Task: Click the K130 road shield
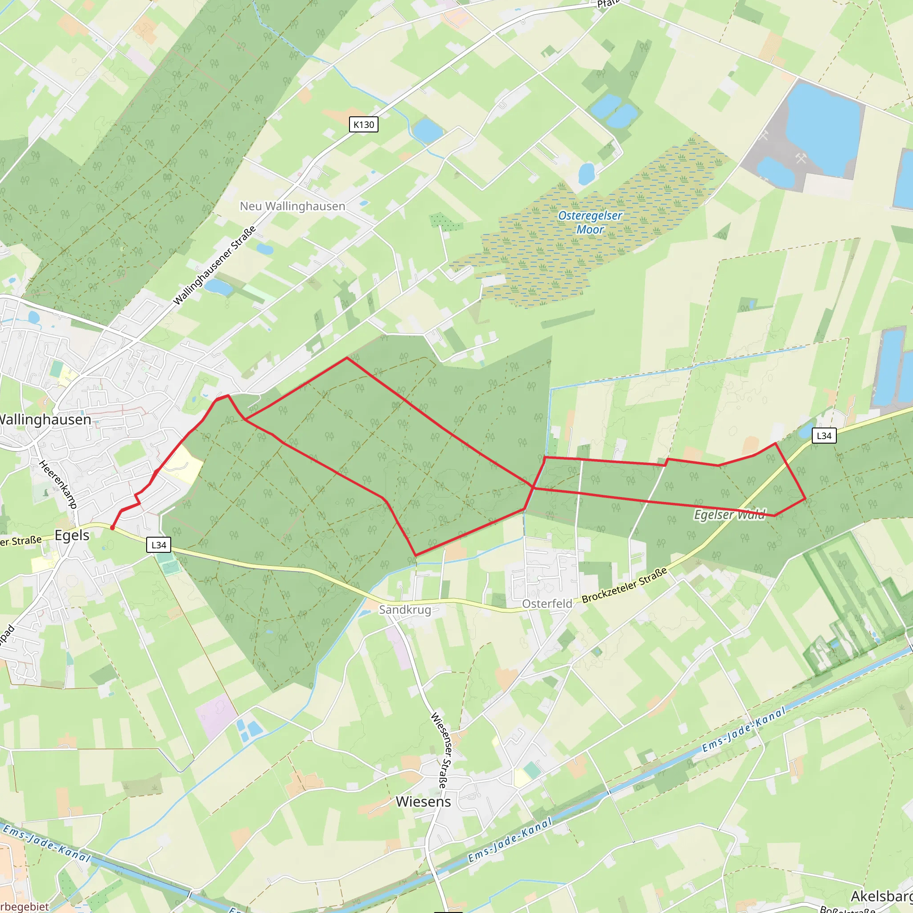point(363,125)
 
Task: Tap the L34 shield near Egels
point(159,545)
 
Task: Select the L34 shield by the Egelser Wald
point(824,436)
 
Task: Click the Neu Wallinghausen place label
point(292,206)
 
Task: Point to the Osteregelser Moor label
point(590,222)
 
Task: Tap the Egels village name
point(72,535)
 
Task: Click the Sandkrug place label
point(405,609)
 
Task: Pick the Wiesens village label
point(423,802)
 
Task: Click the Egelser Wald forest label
point(730,514)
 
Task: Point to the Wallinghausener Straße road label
point(214,266)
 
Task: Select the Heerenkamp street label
point(58,483)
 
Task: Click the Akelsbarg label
point(882,896)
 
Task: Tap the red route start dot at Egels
point(112,528)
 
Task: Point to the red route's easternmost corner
point(805,498)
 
